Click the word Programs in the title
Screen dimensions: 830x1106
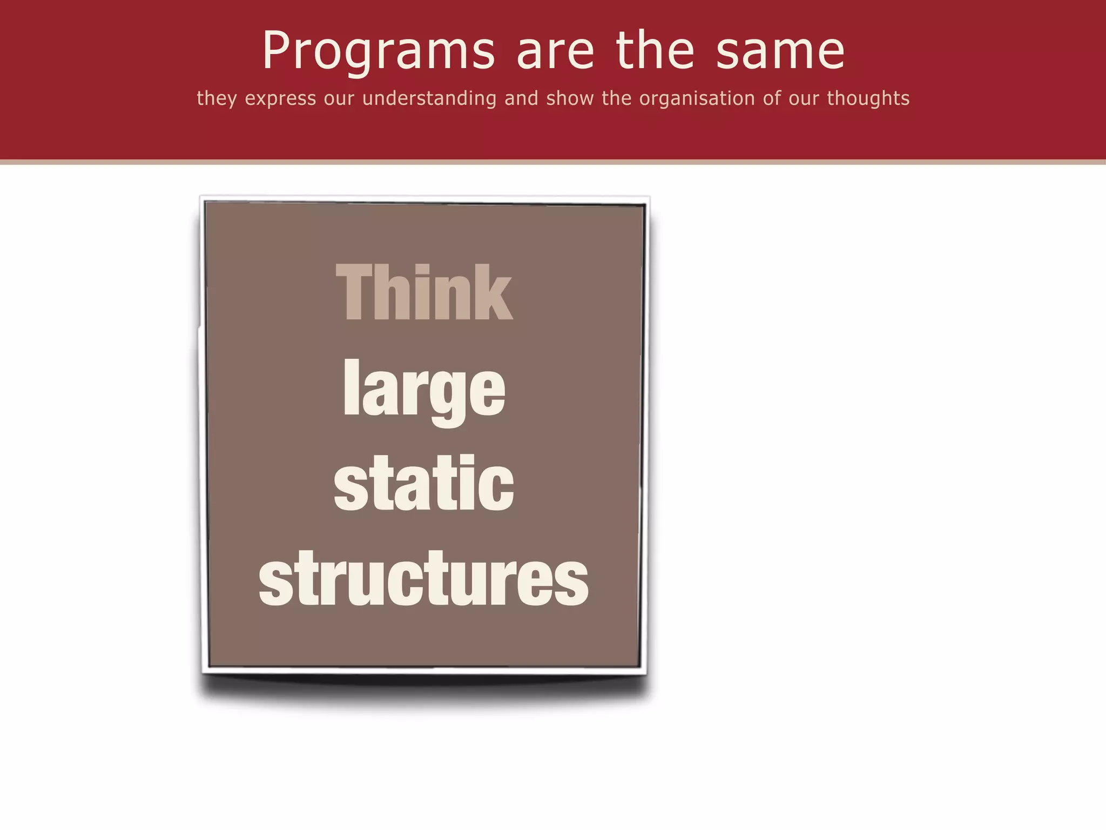379,51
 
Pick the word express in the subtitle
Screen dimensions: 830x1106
280,99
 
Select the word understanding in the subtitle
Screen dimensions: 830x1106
429,99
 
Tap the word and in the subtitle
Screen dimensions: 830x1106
521,98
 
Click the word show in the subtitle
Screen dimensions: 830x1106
570,98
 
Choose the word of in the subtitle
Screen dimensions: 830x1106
772,98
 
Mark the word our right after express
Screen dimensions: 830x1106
339,99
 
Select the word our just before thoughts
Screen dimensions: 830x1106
804,99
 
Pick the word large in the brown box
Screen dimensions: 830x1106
424,389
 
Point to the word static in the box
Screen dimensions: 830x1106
424,483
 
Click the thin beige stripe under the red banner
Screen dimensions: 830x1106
553,162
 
